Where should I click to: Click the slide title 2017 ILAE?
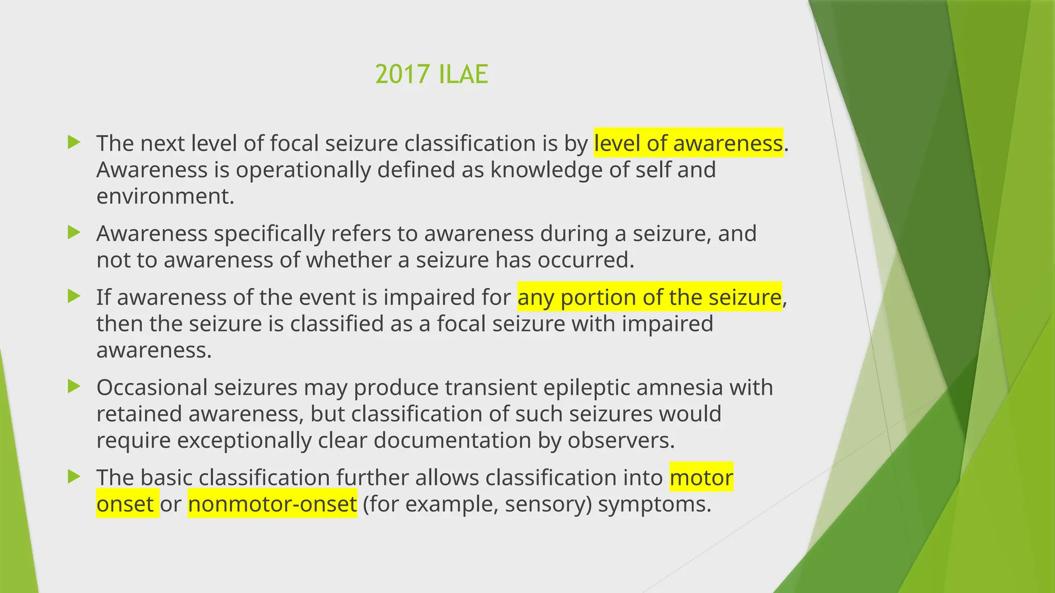click(431, 74)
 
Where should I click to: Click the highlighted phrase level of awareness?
click(688, 143)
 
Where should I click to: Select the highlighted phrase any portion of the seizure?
click(649, 298)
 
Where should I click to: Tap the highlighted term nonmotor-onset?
click(272, 504)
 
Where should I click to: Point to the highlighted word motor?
click(701, 477)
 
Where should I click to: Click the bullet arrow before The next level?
click(74, 142)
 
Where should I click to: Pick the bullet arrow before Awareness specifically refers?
click(74, 233)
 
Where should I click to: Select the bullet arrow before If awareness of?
click(74, 296)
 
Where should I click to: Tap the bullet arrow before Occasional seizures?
click(74, 387)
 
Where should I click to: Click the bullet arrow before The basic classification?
click(74, 477)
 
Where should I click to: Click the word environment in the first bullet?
click(165, 197)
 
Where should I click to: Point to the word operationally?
click(303, 170)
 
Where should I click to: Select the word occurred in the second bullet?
click(585, 260)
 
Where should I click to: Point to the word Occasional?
click(152, 388)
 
